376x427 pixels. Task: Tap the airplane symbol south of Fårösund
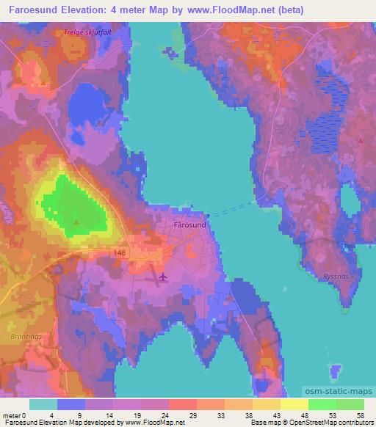[x=162, y=277]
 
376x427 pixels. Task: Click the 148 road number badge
[x=120, y=251]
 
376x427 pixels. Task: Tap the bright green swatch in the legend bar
[x=322, y=404]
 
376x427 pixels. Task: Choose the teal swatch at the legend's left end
[x=43, y=404]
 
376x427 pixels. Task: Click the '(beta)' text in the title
[x=289, y=11]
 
